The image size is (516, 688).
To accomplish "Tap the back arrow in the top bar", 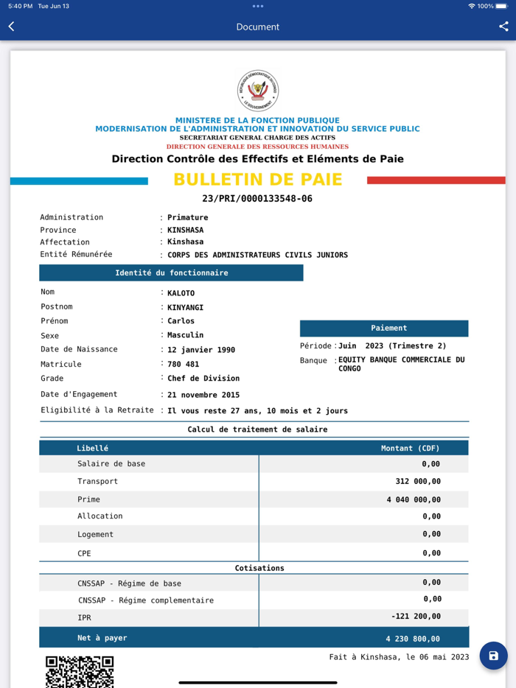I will pyautogui.click(x=12, y=27).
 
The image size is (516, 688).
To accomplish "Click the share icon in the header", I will pyautogui.click(x=503, y=27).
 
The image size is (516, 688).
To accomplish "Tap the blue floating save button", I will pyautogui.click(x=493, y=656).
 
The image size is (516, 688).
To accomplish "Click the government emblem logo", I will pyautogui.click(x=258, y=91).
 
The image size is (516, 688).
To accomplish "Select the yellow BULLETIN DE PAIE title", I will pyautogui.click(x=258, y=180).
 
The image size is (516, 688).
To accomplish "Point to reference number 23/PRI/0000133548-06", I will pyautogui.click(x=257, y=199).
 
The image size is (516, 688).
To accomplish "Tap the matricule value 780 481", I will pyautogui.click(x=184, y=364).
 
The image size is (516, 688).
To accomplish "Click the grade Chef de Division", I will pyautogui.click(x=203, y=379).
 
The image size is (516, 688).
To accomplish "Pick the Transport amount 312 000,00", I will pyautogui.click(x=418, y=482).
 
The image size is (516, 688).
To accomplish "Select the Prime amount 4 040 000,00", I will pyautogui.click(x=413, y=499).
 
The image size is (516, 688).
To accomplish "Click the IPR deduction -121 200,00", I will pyautogui.click(x=416, y=617).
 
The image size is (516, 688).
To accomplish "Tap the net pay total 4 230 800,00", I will pyautogui.click(x=413, y=639).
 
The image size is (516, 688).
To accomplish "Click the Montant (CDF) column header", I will pyautogui.click(x=410, y=448).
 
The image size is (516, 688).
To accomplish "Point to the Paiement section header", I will pyautogui.click(x=384, y=328).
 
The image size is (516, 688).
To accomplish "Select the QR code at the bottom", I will pyautogui.click(x=80, y=672).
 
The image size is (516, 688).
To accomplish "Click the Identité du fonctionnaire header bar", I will pyautogui.click(x=171, y=273).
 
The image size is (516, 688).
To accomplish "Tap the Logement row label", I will pyautogui.click(x=96, y=534).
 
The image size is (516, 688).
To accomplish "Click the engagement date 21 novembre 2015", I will pyautogui.click(x=203, y=395).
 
